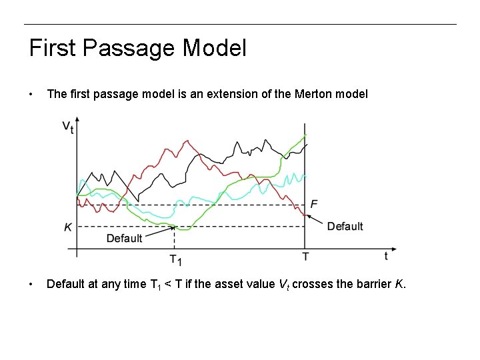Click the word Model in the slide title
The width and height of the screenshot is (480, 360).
214,48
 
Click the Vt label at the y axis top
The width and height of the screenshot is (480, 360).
67,127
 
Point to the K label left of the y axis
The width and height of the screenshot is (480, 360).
68,227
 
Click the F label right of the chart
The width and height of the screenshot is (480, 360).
315,203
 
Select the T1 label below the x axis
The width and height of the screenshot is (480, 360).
176,259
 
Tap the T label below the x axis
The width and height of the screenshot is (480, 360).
305,256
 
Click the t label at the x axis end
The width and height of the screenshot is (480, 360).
386,255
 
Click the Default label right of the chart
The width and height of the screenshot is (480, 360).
345,227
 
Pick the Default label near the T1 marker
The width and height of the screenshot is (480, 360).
124,238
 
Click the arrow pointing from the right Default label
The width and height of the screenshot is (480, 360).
317,219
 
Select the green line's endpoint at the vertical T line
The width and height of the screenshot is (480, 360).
305,136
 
